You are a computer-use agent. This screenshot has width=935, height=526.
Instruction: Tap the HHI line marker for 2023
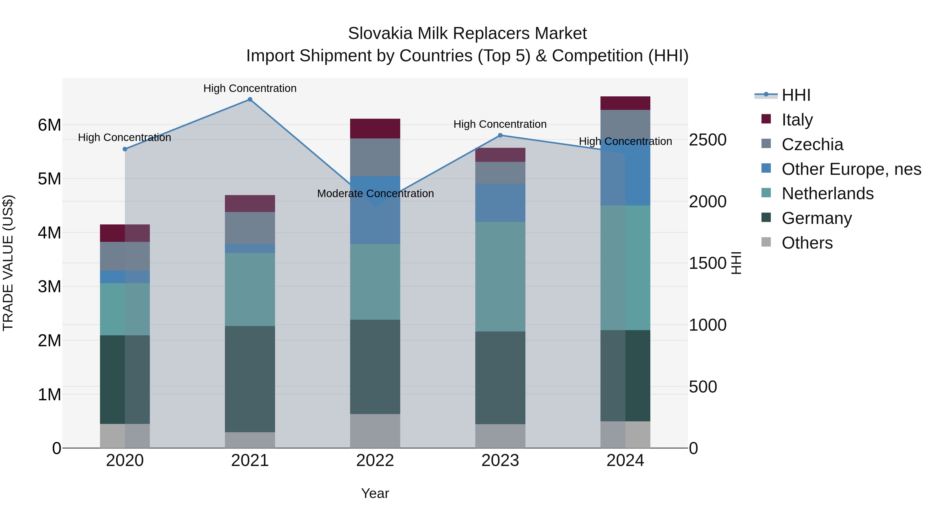[500, 135]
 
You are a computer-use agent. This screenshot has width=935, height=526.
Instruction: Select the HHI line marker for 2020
[125, 149]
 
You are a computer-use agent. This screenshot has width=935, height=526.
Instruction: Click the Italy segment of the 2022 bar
[375, 129]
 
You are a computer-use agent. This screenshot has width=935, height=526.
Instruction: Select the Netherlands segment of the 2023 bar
[500, 276]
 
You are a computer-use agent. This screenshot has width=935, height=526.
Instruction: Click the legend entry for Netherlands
[827, 194]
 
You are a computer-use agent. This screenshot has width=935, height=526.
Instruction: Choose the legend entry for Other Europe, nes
[851, 169]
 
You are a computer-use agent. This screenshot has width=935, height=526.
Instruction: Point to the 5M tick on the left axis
[49, 179]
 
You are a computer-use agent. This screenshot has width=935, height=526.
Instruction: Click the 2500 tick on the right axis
[707, 140]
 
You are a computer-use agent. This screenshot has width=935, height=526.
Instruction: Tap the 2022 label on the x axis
[375, 461]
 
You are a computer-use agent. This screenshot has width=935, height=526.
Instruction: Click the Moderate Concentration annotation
[375, 194]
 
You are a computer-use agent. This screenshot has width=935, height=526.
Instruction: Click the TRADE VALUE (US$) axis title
[8, 263]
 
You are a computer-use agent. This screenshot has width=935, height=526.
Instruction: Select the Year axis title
[375, 493]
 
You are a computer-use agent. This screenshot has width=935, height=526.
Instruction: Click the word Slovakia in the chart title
[380, 34]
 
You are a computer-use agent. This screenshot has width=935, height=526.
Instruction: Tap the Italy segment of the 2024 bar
[625, 103]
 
